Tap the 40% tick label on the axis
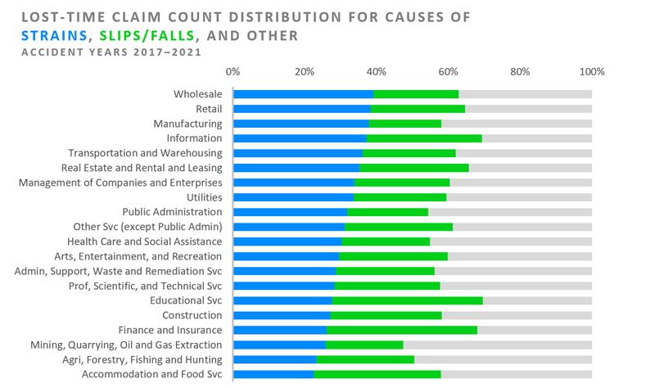[376, 72]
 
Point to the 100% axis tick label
[591, 72]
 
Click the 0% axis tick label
[233, 72]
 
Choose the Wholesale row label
[197, 94]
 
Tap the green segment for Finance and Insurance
[402, 330]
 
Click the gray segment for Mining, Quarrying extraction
[497, 345]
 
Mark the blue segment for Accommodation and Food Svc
[273, 374]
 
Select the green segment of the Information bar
[424, 138]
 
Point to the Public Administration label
[172, 212]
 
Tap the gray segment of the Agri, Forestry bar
[503, 359]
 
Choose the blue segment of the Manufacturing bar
[300, 124]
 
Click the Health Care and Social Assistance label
[144, 241]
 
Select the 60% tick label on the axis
[448, 72]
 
